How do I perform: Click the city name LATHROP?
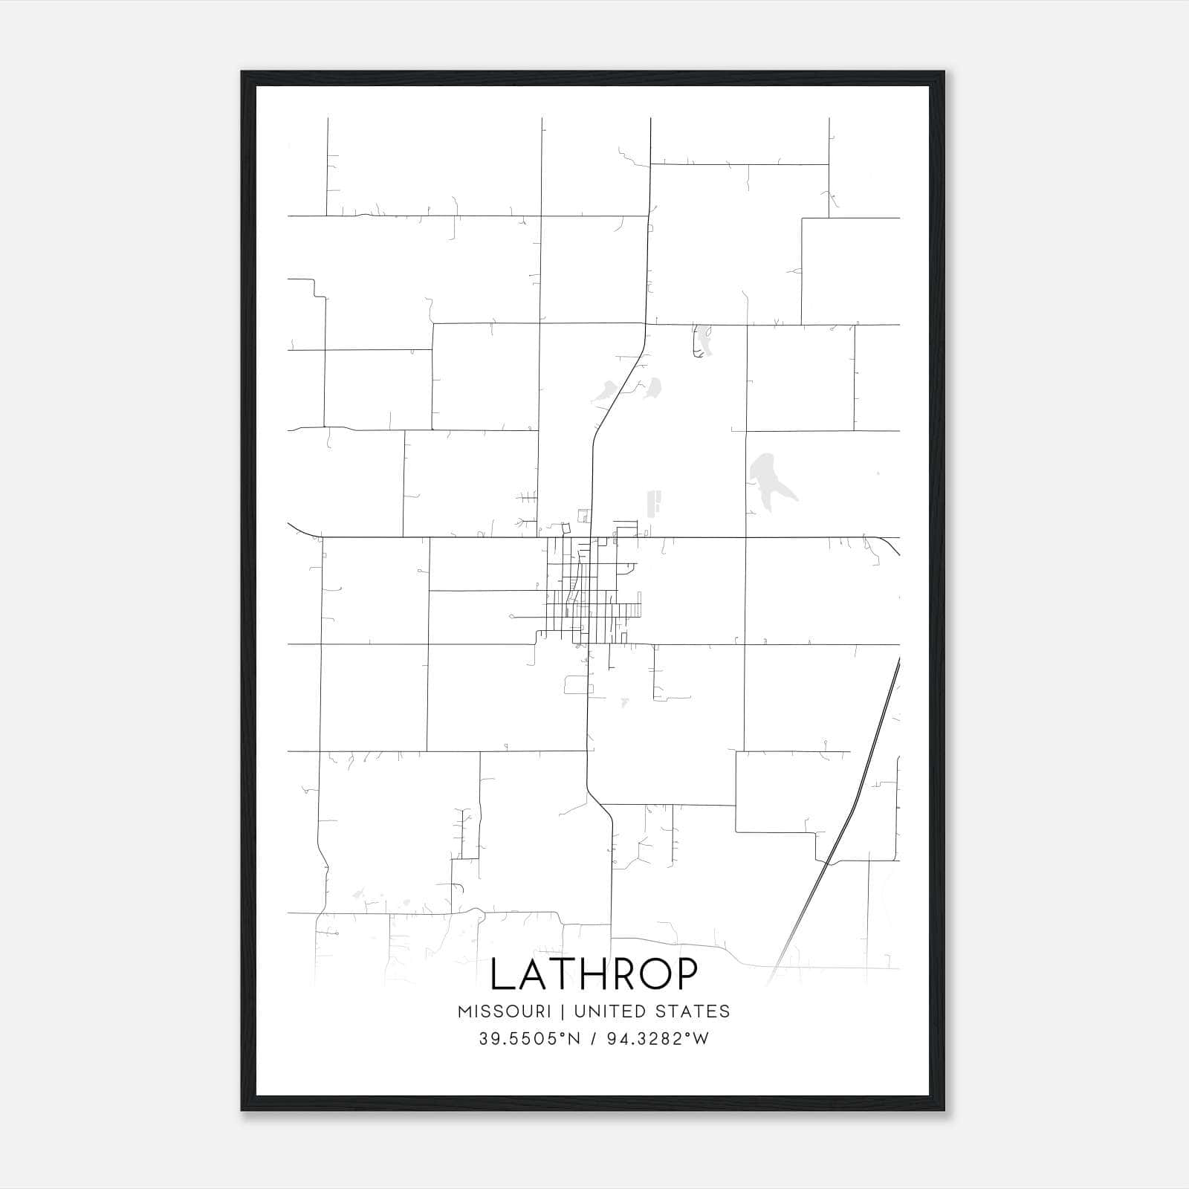coord(594,974)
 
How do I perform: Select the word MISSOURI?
coord(504,1011)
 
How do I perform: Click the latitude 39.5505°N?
coord(528,1039)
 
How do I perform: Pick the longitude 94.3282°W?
coord(658,1039)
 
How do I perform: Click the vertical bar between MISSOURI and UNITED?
coord(563,1011)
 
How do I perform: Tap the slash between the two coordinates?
coord(592,1039)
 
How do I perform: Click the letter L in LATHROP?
coord(503,974)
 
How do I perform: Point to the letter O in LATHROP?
coord(654,974)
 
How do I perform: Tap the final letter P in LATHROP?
coord(687,974)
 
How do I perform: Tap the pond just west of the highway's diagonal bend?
coord(606,391)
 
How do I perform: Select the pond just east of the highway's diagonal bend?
coord(654,387)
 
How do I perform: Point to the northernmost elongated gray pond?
coord(702,340)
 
